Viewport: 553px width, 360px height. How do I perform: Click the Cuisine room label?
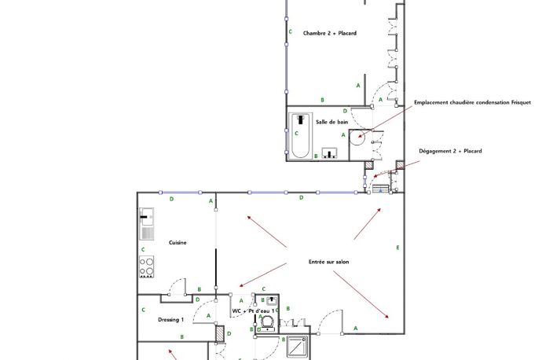coord(178,242)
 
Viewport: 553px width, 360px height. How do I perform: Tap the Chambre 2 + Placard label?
coord(330,33)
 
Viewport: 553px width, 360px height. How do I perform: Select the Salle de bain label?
coord(331,122)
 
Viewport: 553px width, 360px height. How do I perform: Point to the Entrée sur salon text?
coord(328,262)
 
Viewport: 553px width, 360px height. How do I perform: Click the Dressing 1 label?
coord(170,320)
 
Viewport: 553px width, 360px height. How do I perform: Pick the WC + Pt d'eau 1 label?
coord(253,311)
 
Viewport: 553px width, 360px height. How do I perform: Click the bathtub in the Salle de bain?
coord(301,136)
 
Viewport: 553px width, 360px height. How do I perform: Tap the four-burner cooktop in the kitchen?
coord(146,266)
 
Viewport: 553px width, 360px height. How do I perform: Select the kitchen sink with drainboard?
coord(146,224)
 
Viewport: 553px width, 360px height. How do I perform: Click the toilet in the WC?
coord(267,322)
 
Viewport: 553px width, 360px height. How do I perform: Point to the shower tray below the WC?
coord(297,347)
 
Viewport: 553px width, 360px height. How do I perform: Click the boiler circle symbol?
coord(357,138)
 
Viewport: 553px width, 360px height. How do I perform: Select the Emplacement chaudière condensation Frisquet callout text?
coord(472,102)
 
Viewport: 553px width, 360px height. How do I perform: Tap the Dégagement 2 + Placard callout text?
coord(450,151)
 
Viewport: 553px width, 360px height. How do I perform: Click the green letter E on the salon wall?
coord(397,248)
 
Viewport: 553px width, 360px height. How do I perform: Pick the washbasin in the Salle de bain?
coord(329,153)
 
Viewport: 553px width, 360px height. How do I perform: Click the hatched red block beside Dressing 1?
coord(220,333)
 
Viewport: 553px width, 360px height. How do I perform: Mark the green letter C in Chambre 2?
coord(291,31)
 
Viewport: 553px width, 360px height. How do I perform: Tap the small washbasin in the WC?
coord(272,301)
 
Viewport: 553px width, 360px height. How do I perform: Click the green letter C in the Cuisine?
coord(143,249)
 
